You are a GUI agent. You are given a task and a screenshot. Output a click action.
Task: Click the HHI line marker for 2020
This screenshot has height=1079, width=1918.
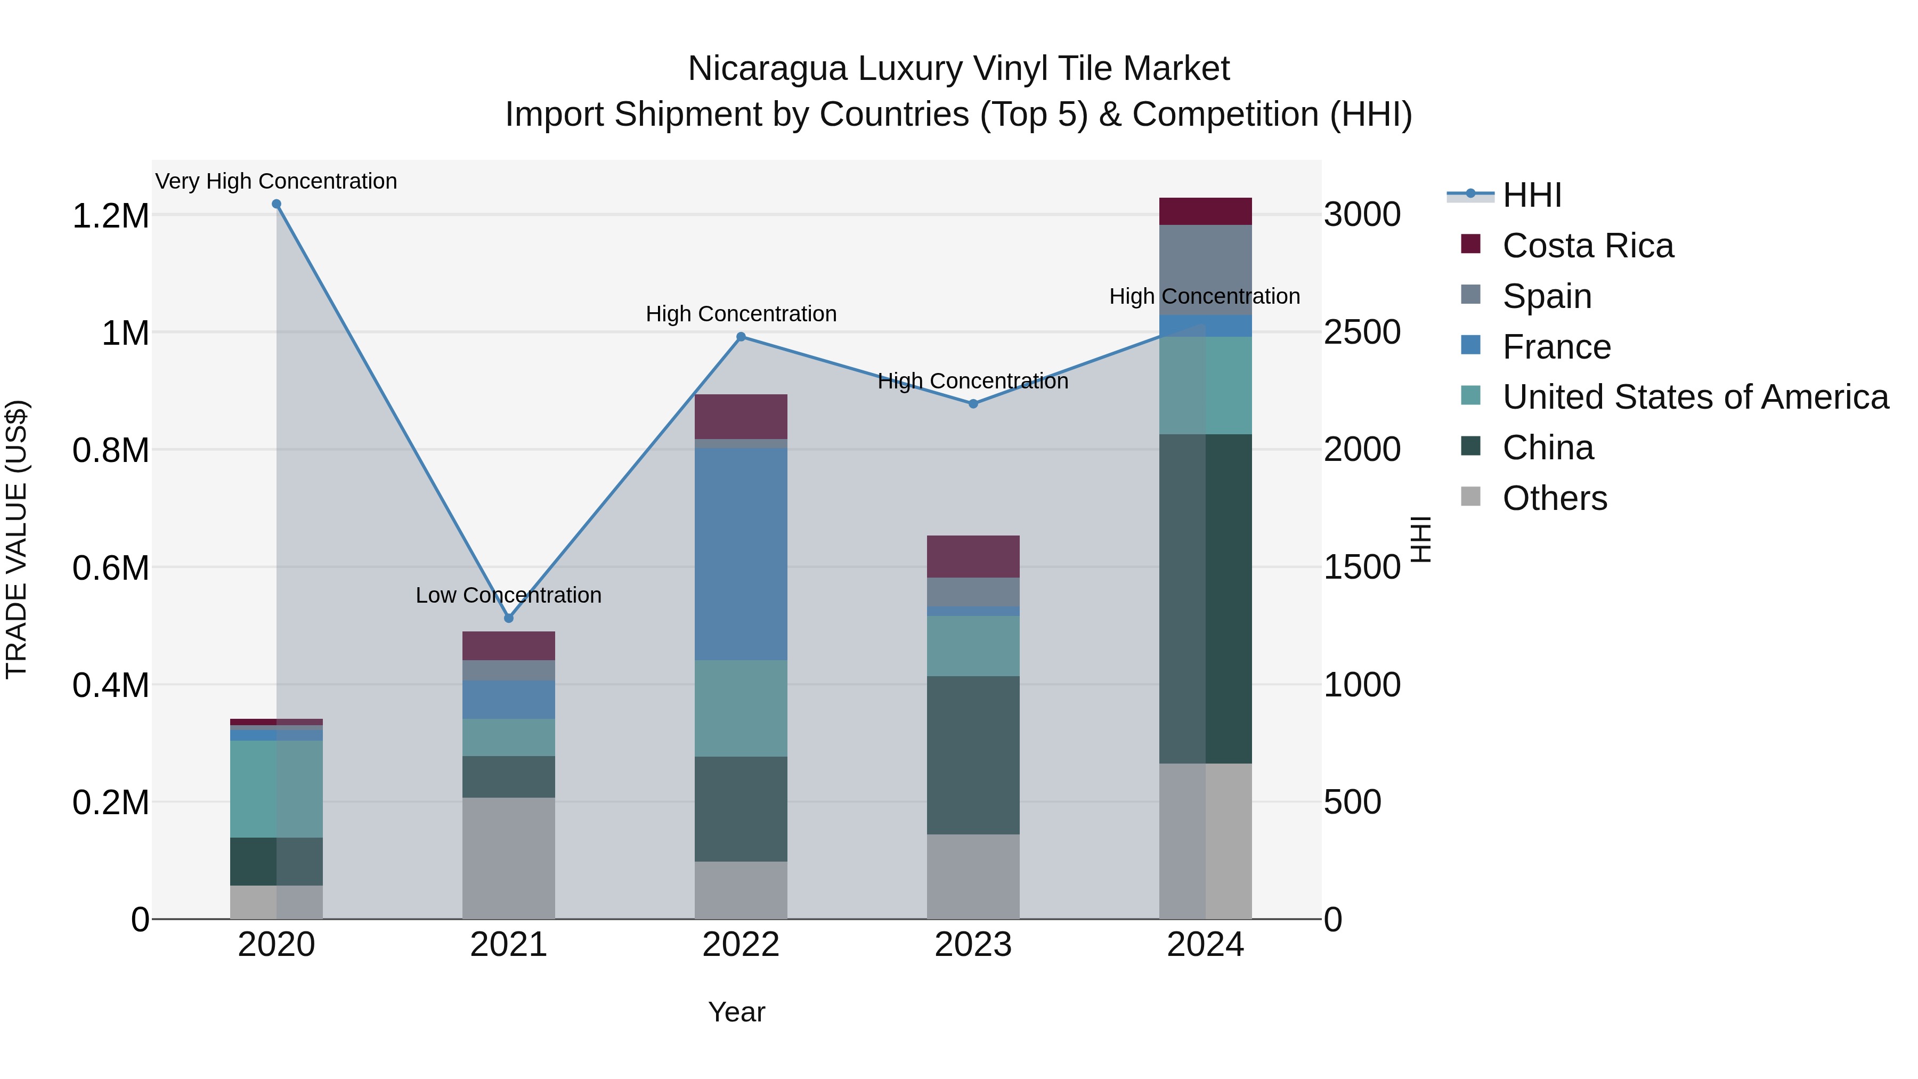pyautogui.click(x=276, y=204)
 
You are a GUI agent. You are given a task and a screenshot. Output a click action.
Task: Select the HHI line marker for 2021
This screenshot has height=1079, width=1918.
pyautogui.click(x=509, y=618)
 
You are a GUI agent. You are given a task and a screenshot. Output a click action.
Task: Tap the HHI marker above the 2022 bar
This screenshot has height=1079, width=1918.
pyautogui.click(x=741, y=337)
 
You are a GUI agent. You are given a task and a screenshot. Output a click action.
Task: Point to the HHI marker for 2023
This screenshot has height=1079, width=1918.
pyautogui.click(x=973, y=403)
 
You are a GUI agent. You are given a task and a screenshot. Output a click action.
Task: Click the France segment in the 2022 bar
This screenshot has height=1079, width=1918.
pyautogui.click(x=741, y=554)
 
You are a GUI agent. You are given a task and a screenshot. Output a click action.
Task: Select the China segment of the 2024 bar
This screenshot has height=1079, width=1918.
pyautogui.click(x=1206, y=599)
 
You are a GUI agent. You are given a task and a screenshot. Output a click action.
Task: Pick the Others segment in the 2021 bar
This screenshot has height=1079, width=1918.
pyautogui.click(x=509, y=858)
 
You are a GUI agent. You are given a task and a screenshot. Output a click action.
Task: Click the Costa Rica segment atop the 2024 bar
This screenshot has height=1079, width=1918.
pyautogui.click(x=1206, y=212)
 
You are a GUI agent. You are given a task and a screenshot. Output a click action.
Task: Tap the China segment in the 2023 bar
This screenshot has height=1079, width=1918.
pyautogui.click(x=973, y=755)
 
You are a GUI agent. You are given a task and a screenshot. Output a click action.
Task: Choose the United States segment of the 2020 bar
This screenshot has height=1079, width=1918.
pyautogui.click(x=276, y=789)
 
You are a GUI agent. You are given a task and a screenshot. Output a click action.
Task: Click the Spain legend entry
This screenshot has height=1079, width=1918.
pyautogui.click(x=1547, y=296)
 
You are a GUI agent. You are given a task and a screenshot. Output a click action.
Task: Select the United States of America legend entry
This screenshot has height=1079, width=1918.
pyautogui.click(x=1695, y=397)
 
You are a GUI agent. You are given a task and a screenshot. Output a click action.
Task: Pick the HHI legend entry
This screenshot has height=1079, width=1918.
pyautogui.click(x=1532, y=195)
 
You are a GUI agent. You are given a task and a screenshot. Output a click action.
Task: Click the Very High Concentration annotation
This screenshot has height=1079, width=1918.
pyautogui.click(x=276, y=181)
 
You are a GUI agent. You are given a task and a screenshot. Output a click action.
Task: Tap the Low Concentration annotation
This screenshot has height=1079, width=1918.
pyautogui.click(x=509, y=595)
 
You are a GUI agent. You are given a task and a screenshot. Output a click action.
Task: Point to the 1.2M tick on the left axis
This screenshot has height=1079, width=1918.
pyautogui.click(x=110, y=216)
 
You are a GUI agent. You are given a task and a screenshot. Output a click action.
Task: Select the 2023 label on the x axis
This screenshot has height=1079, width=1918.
pyautogui.click(x=973, y=945)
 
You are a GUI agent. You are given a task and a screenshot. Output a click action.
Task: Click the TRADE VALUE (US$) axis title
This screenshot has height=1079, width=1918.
pyautogui.click(x=17, y=539)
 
